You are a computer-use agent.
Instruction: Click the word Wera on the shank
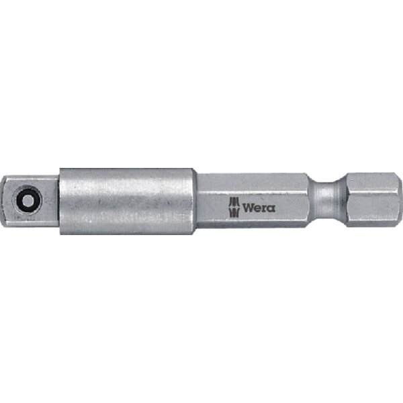click(259, 208)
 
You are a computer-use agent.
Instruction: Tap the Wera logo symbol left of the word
click(234, 207)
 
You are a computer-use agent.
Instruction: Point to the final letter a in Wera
click(271, 208)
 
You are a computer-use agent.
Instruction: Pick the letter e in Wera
click(258, 208)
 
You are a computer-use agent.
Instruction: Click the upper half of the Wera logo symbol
click(234, 202)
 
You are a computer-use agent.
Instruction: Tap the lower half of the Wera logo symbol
click(234, 212)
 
